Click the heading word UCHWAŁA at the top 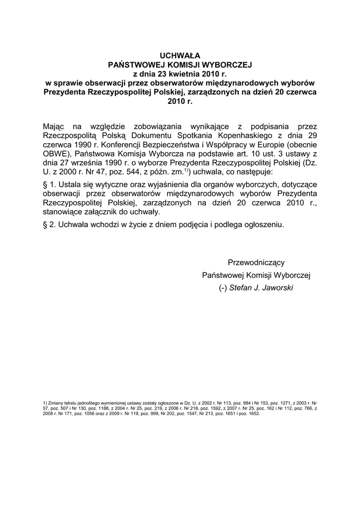coord(180,56)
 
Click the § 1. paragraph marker coord(50,185)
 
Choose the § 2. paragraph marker coord(50,225)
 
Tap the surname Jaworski coord(276,287)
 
